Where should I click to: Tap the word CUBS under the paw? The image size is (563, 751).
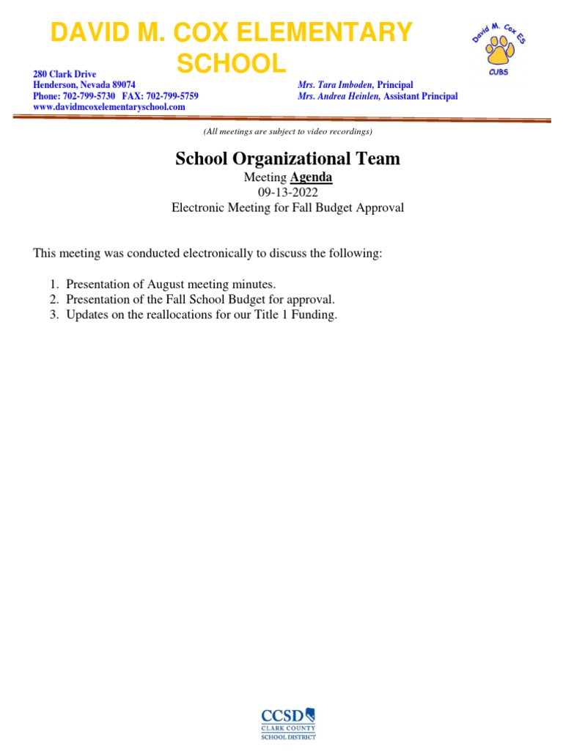pyautogui.click(x=498, y=72)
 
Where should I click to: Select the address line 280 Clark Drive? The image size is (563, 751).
pyautogui.click(x=65, y=75)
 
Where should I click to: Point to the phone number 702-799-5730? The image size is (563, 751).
pyautogui.click(x=89, y=96)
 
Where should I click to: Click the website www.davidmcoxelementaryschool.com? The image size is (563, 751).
pyautogui.click(x=109, y=106)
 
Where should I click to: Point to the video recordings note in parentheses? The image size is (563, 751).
pyautogui.click(x=287, y=131)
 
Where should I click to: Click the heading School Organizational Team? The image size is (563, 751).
pyautogui.click(x=287, y=158)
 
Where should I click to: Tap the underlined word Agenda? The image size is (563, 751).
pyautogui.click(x=311, y=177)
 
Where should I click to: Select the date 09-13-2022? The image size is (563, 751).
pyautogui.click(x=287, y=192)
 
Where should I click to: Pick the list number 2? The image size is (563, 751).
pyautogui.click(x=54, y=299)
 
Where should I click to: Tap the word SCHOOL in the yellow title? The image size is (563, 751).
pyautogui.click(x=232, y=64)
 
